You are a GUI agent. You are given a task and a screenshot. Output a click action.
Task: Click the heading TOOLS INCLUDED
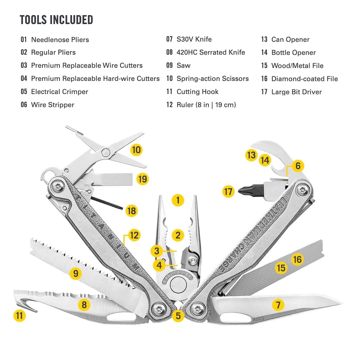[56, 20]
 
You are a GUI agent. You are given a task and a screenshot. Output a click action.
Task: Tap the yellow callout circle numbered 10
[136, 150]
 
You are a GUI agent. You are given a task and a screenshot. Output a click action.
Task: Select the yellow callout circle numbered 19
[142, 179]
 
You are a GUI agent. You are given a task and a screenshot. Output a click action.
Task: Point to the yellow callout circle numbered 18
[131, 211]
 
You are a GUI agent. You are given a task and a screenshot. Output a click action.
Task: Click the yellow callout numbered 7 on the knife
[278, 305]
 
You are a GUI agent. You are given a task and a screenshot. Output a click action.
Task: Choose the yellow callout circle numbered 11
[19, 316]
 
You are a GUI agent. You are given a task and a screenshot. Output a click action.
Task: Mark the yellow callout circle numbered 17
[228, 191]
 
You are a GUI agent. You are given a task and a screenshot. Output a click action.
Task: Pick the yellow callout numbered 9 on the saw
[76, 273]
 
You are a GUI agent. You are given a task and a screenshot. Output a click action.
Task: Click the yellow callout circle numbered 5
[178, 315]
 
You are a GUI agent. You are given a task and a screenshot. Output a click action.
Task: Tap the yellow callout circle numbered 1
[178, 200]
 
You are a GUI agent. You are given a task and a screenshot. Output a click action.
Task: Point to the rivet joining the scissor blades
[105, 152]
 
